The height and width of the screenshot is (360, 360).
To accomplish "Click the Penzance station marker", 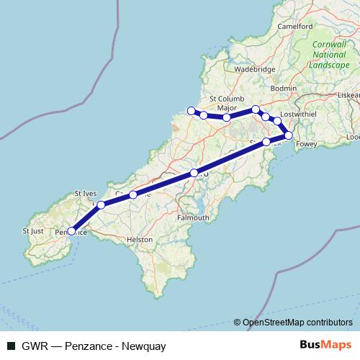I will (x=71, y=231).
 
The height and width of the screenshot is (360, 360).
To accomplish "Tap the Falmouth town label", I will (x=193, y=217).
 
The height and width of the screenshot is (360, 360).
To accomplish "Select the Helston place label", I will (x=140, y=239).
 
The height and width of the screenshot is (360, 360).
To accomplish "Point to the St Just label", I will (x=33, y=231).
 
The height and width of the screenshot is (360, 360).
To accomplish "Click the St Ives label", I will (x=86, y=194).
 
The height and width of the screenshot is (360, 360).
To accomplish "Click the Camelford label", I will (x=295, y=27).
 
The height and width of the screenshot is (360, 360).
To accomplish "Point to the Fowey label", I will (x=307, y=144).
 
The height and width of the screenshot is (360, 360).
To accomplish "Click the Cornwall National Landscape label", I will (x=329, y=54).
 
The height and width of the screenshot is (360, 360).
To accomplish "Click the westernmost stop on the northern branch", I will (x=191, y=111).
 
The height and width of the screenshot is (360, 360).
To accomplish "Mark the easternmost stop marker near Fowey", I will (x=289, y=135).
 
